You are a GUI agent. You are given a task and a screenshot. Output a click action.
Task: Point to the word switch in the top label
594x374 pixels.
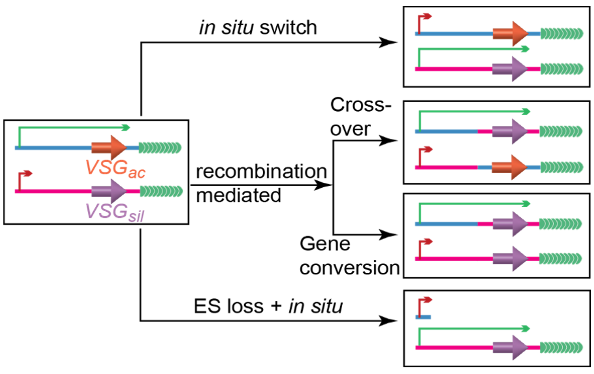click(288, 28)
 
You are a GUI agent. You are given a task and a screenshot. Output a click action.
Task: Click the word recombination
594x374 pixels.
click(261, 172)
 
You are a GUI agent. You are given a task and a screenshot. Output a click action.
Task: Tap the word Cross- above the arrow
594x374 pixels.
click(361, 105)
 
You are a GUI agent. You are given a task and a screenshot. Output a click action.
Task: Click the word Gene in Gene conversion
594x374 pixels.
click(325, 244)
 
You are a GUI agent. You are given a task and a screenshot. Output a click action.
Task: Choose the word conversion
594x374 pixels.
click(350, 268)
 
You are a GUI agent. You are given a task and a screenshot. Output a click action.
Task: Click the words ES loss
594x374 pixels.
click(228, 306)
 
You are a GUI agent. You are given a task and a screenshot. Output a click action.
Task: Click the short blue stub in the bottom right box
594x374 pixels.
click(423, 317)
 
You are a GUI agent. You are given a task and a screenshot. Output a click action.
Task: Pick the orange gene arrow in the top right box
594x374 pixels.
click(510, 34)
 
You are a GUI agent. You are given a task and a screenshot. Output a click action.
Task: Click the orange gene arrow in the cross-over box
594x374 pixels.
click(509, 167)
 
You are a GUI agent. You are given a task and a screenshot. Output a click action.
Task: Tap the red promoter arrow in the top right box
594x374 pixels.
click(424, 21)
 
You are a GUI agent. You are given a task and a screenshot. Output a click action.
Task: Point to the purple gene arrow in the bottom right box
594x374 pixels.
click(510, 348)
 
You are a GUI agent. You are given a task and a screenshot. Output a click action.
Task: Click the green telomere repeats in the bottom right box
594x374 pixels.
click(561, 348)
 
